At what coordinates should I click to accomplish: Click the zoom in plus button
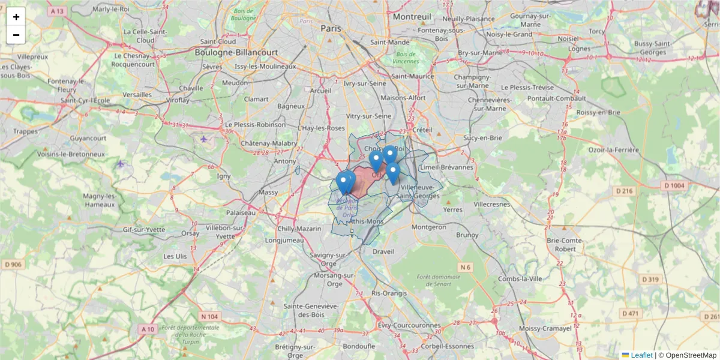click(16, 17)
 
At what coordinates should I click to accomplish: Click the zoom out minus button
click(16, 35)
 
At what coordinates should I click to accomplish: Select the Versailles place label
click(137, 95)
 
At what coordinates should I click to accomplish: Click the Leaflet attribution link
click(641, 355)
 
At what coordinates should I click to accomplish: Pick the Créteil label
click(422, 130)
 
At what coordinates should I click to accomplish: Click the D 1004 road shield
click(674, 186)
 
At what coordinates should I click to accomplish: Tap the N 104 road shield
click(209, 316)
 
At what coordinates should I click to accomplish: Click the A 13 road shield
click(58, 11)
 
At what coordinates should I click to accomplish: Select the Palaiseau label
click(241, 212)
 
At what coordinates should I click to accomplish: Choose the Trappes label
click(25, 131)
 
